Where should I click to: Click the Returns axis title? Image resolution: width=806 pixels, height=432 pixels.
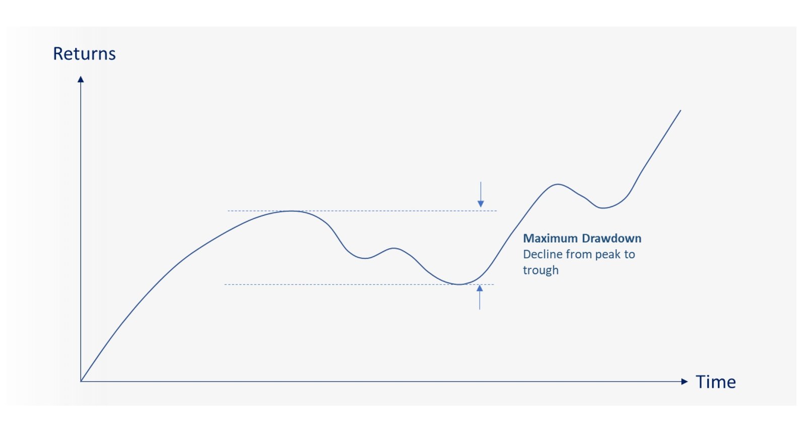84,53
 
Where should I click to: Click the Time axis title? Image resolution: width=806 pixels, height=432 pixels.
716,382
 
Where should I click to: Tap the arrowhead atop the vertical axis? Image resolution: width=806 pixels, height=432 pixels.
81,79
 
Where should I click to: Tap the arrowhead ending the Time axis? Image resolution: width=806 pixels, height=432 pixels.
685,382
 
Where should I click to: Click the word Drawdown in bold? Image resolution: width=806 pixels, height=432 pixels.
612,238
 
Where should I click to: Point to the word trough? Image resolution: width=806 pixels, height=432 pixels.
541,270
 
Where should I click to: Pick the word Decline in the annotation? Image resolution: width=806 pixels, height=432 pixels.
543,254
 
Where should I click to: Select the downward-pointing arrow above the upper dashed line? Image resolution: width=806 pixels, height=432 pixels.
481,194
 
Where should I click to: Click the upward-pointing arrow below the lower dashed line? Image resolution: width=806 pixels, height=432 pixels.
480,297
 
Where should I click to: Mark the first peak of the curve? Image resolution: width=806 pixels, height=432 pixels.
292,211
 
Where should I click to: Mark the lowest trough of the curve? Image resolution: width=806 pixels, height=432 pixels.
459,284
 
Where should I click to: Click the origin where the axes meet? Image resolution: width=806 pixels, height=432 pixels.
81,382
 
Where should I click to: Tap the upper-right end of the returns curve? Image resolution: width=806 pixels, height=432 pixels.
681,110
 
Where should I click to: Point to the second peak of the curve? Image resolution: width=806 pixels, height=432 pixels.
558,184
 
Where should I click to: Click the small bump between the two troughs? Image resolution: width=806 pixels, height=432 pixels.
394,248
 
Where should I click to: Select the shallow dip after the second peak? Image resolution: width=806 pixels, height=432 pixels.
602,208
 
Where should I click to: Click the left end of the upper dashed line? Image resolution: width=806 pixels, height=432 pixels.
228,211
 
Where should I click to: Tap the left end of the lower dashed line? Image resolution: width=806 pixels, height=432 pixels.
225,284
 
